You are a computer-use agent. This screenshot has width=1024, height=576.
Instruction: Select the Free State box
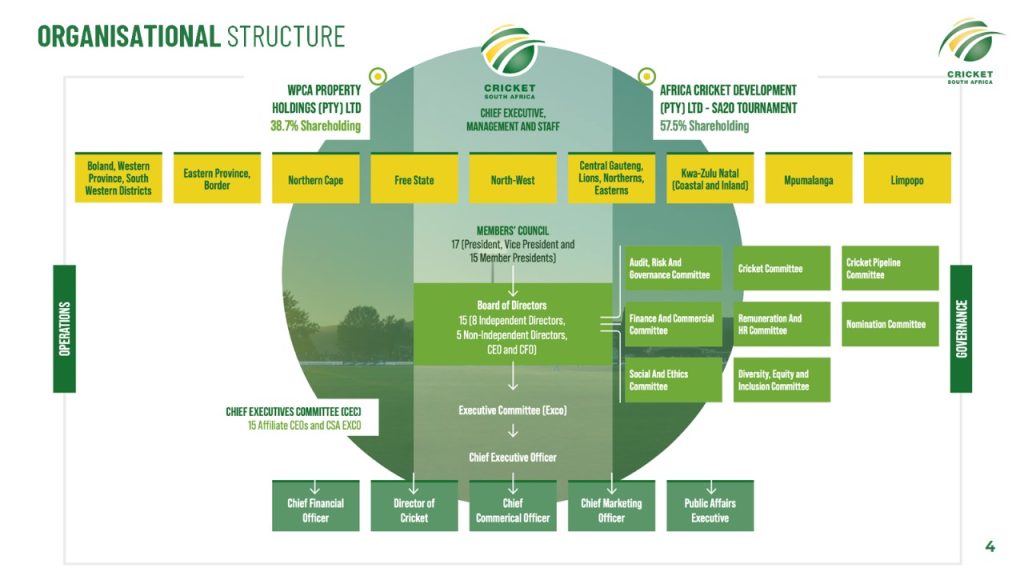click(x=414, y=180)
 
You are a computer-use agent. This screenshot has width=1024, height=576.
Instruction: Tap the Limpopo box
click(x=906, y=180)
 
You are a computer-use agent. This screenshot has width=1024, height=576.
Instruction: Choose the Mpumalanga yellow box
click(x=808, y=180)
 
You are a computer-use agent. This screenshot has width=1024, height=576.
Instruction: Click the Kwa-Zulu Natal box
click(x=710, y=179)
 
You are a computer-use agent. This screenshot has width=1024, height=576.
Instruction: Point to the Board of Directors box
click(x=512, y=323)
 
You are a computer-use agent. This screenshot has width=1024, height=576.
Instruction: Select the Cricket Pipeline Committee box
click(x=890, y=268)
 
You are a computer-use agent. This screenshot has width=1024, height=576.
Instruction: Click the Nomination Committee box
click(x=890, y=324)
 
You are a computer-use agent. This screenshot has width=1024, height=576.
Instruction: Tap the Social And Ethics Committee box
click(x=672, y=380)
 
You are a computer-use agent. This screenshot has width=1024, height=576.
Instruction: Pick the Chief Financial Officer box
click(x=315, y=510)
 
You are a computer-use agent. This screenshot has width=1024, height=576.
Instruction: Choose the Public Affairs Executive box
click(x=710, y=510)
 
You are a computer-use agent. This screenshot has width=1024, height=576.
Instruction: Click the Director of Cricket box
click(x=414, y=510)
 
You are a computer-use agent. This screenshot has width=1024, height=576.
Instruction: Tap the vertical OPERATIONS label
click(x=64, y=328)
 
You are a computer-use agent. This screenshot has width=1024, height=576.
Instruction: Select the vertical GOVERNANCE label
click(x=961, y=328)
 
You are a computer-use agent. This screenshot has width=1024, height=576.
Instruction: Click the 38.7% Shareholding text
click(x=315, y=127)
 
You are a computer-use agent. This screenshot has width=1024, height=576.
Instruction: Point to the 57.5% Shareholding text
click(x=704, y=127)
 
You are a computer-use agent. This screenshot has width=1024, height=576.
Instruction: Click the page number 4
click(x=990, y=546)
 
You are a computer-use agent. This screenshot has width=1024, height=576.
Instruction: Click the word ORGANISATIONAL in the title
click(x=128, y=37)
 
